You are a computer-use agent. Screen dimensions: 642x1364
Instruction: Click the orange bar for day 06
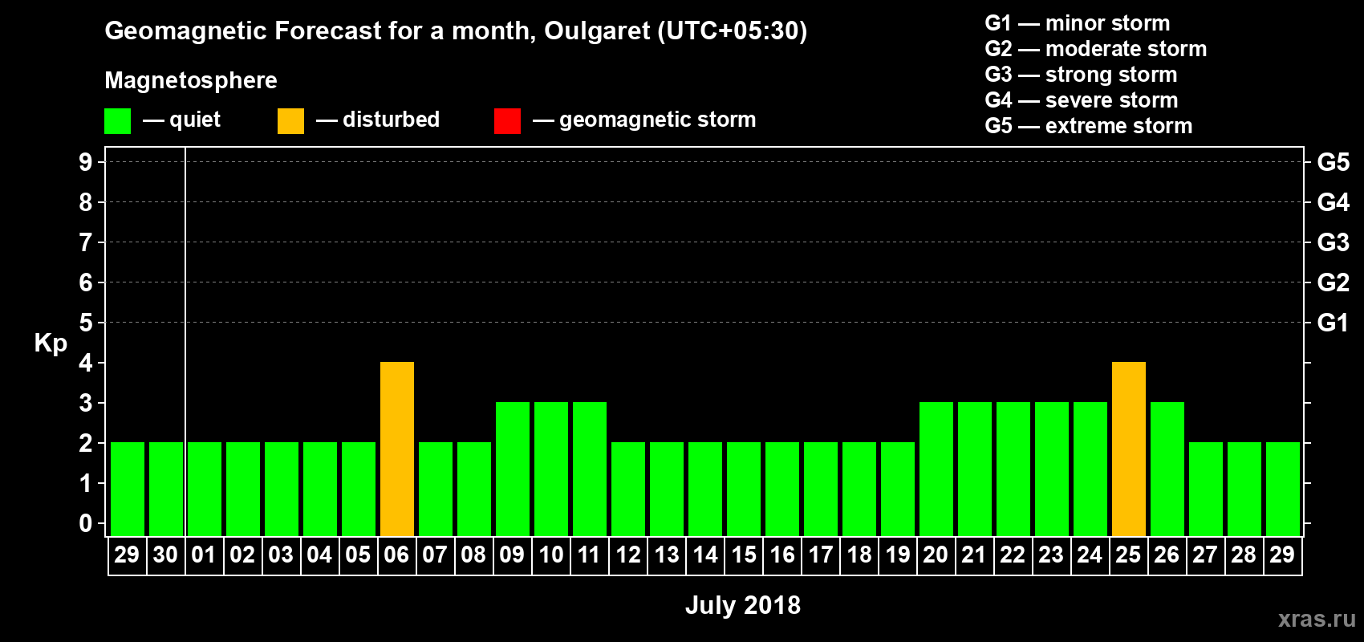[397, 449]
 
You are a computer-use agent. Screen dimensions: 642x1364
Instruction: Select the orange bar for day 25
[1129, 449]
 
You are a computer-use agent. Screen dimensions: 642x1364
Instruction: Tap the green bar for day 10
[551, 469]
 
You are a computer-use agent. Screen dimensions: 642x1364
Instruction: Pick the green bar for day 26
[1167, 469]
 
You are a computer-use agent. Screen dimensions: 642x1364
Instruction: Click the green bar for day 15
[744, 489]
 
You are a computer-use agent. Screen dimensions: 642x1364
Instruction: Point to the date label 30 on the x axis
[165, 555]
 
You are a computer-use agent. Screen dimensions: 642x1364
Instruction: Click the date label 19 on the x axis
[898, 555]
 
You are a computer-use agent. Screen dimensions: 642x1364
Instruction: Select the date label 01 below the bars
[204, 555]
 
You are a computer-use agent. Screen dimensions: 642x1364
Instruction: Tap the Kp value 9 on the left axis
[86, 162]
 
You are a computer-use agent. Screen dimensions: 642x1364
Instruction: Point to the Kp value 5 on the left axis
[86, 323]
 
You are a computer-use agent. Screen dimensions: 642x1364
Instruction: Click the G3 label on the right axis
[1333, 242]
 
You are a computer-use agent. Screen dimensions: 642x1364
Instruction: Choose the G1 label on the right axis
[1333, 323]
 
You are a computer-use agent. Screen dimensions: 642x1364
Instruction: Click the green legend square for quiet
[117, 121]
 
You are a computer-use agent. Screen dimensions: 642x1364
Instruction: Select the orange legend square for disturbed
[290, 121]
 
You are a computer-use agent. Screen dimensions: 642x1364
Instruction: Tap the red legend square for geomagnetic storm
[507, 121]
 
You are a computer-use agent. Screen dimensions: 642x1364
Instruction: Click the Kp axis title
[51, 343]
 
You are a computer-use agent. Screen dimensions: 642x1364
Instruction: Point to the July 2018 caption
[743, 605]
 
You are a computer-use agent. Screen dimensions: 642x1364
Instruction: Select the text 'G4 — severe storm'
[1081, 100]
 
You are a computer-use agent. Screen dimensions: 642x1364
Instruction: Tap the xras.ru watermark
[1317, 619]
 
